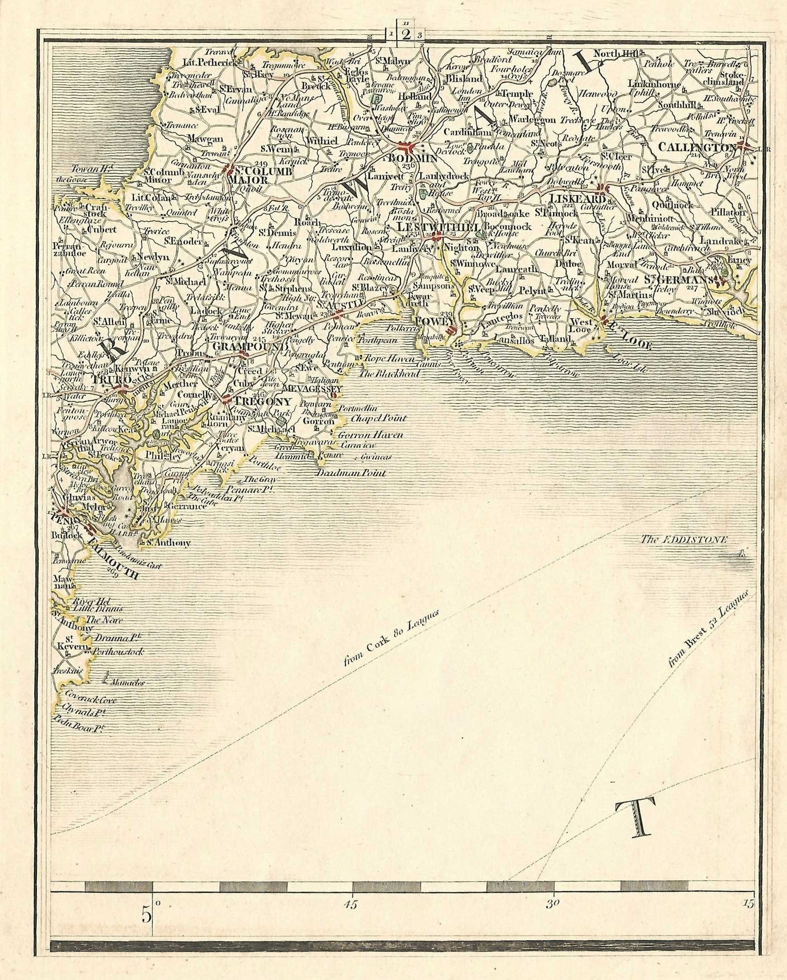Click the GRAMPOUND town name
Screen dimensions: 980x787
[250, 347]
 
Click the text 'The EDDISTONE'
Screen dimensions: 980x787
[684, 540]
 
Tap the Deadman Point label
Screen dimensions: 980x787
[351, 473]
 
